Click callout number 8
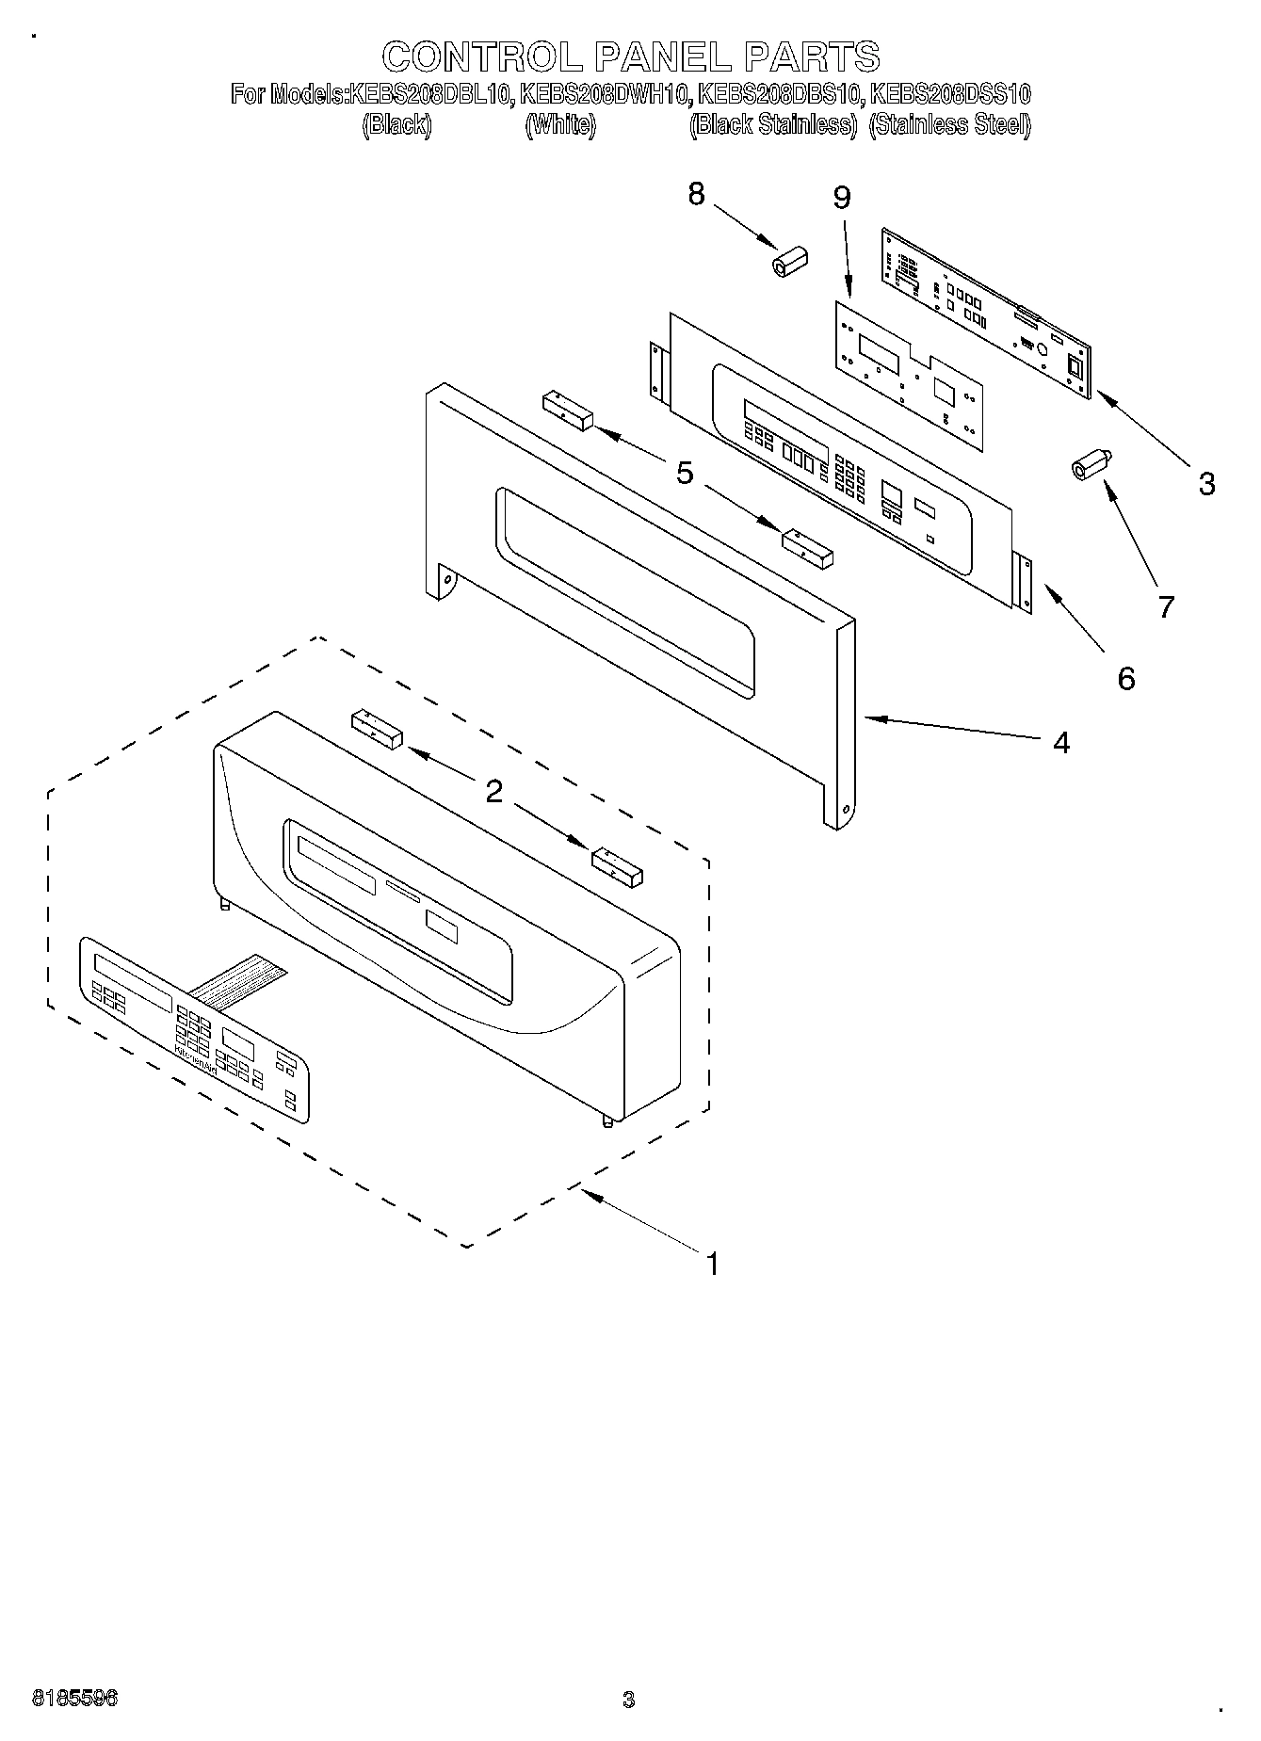(696, 194)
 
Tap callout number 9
(841, 198)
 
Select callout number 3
(1206, 484)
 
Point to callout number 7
(1166, 607)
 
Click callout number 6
(1126, 678)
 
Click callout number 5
(685, 473)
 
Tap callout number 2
(493, 792)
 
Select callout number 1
(713, 1264)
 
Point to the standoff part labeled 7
(1091, 464)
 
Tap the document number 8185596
(75, 1699)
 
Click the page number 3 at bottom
(628, 1700)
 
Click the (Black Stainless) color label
(772, 125)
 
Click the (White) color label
(559, 125)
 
